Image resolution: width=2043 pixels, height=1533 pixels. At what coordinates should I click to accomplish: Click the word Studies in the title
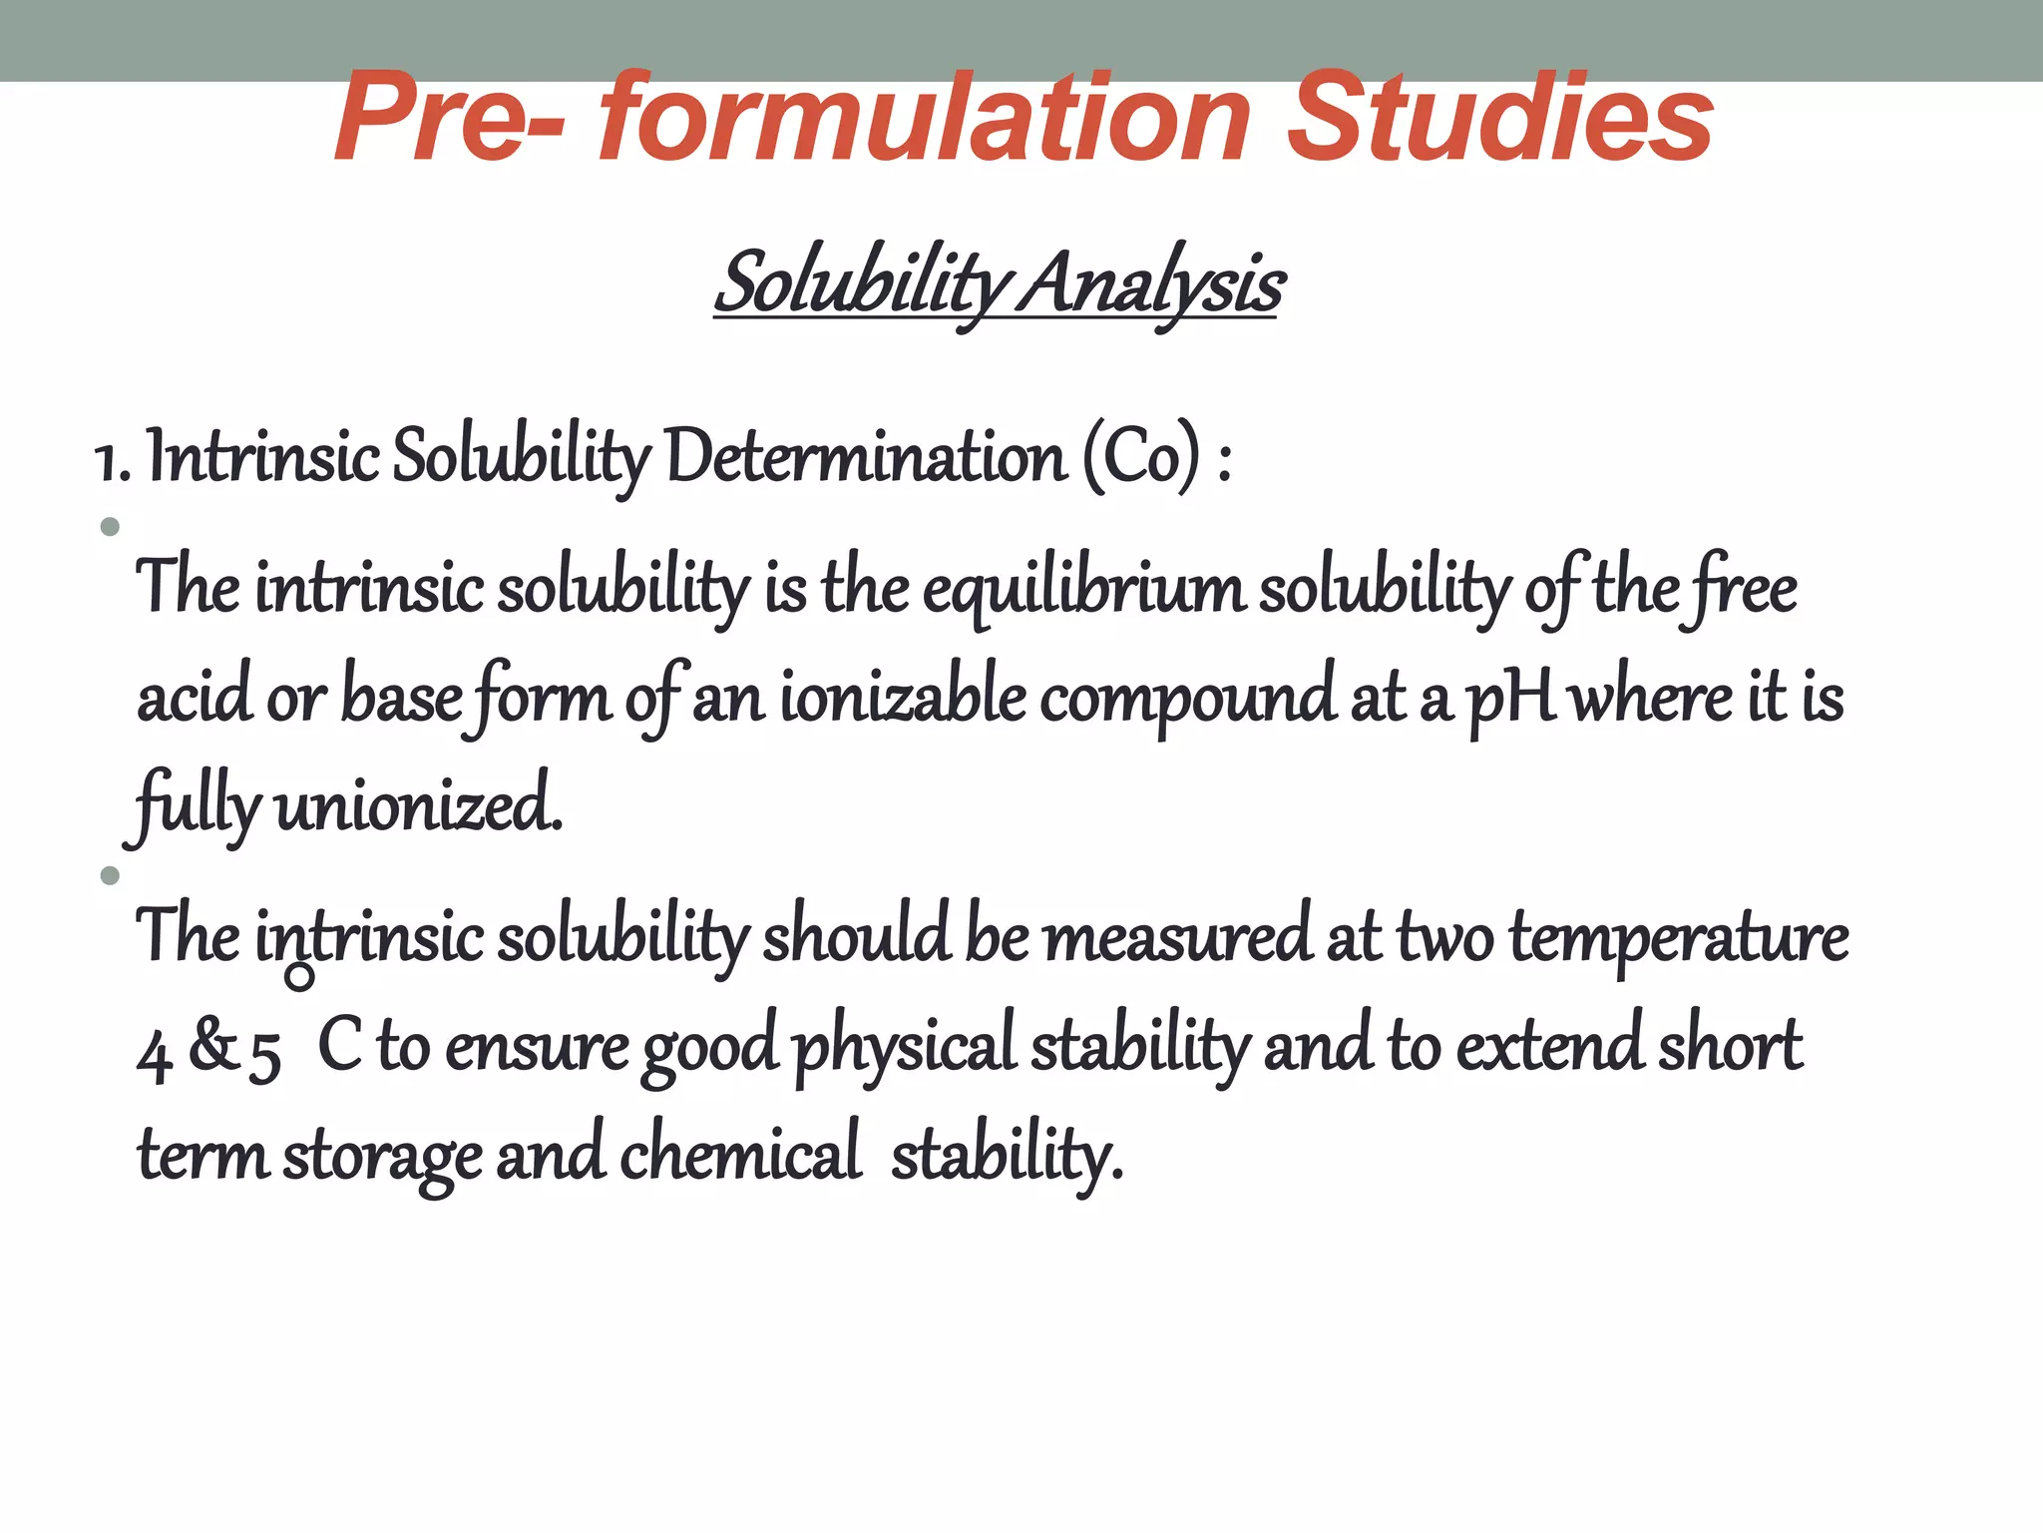(x=1499, y=120)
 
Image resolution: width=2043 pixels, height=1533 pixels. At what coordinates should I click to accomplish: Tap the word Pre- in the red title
(x=449, y=120)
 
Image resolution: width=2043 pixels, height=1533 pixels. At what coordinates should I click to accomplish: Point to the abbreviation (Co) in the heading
(x=1141, y=459)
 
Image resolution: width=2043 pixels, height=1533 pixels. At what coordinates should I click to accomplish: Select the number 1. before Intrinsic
(x=112, y=461)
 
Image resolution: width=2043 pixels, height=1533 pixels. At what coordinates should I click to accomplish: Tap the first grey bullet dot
(x=110, y=527)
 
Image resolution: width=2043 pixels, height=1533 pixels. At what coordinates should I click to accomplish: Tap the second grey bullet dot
(x=110, y=876)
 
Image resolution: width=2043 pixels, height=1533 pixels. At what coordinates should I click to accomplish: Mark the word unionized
(x=418, y=806)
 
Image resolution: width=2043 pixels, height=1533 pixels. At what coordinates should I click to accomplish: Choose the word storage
(x=383, y=1158)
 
